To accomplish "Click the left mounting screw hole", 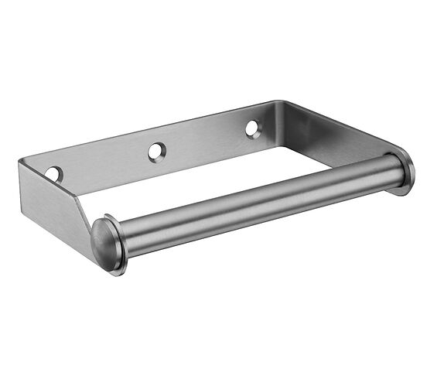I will (x=53, y=174).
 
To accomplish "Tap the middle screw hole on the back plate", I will (x=157, y=151).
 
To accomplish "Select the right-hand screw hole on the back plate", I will (x=254, y=129).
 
